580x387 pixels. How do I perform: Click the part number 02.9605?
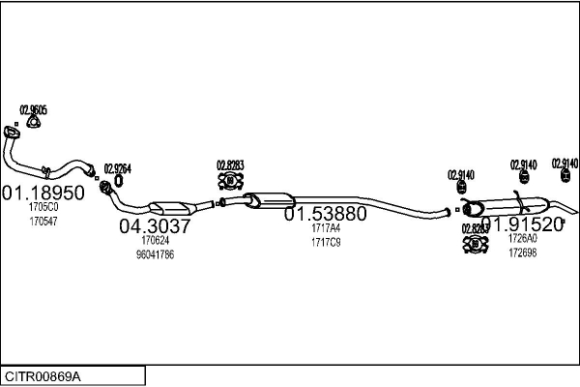(x=34, y=109)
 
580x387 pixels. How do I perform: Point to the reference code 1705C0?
(x=43, y=207)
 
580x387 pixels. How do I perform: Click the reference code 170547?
(x=43, y=222)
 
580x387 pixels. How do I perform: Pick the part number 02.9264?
(x=117, y=167)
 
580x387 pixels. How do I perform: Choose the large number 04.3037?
(x=155, y=225)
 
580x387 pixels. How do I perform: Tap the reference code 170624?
(x=155, y=240)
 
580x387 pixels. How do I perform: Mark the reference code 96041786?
(x=155, y=254)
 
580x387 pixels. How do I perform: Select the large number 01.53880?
(x=325, y=214)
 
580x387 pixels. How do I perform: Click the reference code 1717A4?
(x=325, y=228)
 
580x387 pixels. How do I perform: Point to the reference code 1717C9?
(x=325, y=242)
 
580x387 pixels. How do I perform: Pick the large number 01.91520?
(x=522, y=224)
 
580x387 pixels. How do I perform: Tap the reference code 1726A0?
(x=522, y=239)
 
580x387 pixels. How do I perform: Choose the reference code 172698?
(x=522, y=253)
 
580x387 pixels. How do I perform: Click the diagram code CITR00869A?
(x=43, y=375)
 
